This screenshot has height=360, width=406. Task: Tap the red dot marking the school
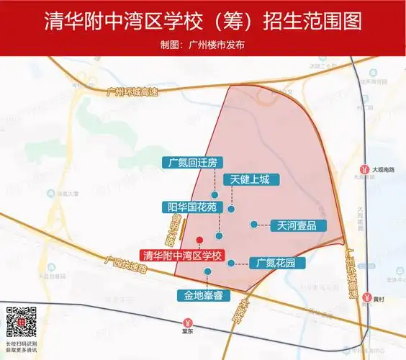[x=199, y=240]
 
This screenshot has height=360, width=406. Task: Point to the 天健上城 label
[x=250, y=179]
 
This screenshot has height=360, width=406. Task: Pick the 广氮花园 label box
[x=276, y=263]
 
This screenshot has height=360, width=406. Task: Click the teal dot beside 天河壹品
[x=253, y=224]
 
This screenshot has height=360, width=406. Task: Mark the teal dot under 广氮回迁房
[x=214, y=194]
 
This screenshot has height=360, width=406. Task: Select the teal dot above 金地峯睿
[x=208, y=271]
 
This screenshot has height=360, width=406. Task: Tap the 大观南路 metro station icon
[x=365, y=170]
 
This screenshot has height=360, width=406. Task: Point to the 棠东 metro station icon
[x=188, y=322]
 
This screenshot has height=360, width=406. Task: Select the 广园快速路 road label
[x=125, y=264]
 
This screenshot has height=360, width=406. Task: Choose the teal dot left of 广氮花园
[x=230, y=263]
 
